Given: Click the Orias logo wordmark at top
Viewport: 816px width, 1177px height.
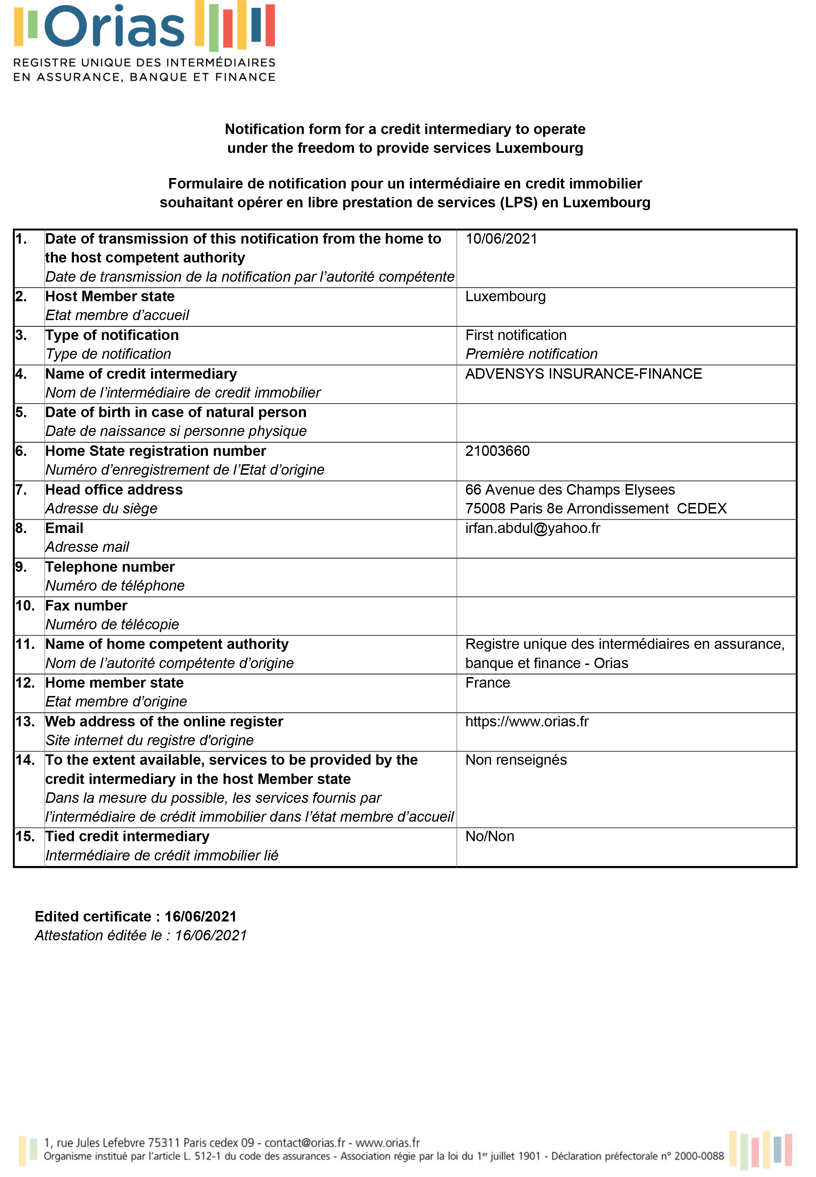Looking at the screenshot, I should point(114,27).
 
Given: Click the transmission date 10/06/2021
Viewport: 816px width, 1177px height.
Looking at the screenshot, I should point(501,239).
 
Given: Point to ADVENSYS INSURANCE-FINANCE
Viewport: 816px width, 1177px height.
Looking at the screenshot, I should point(583,374).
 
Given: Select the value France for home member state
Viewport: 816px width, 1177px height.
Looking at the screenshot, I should point(487,682).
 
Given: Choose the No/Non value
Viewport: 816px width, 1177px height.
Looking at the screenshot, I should point(489,836).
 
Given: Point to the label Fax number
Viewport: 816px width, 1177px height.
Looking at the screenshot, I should point(86,606).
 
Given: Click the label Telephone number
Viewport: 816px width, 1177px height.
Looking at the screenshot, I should point(110,567).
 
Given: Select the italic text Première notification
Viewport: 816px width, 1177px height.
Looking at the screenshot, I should point(531,354).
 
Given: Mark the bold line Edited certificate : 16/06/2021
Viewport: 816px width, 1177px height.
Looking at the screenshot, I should point(135,916).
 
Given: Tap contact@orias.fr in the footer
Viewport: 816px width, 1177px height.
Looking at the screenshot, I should point(305,1143).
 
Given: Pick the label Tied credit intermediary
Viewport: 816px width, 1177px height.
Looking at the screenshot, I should point(127,836).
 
